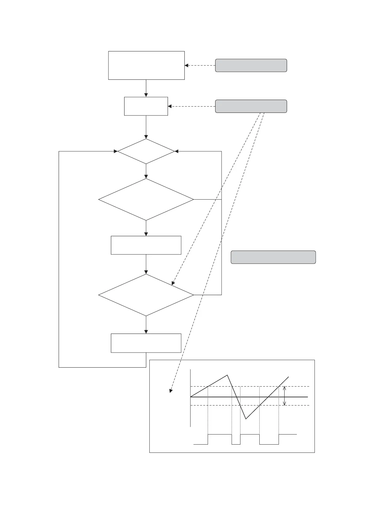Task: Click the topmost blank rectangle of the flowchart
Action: (146, 65)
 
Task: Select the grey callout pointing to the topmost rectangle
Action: (251, 65)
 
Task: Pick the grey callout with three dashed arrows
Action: (251, 106)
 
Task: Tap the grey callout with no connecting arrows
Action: (273, 257)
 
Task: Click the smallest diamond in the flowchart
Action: (146, 151)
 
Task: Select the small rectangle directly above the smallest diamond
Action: (146, 106)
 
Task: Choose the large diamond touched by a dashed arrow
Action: (146, 295)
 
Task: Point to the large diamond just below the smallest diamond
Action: (146, 200)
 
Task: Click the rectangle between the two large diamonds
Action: (146, 245)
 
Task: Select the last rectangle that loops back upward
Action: (146, 343)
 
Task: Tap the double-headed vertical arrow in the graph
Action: (285, 396)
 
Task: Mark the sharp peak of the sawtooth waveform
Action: (227, 375)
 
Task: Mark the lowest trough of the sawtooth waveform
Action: (246, 419)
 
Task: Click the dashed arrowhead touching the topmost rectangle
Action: (187, 65)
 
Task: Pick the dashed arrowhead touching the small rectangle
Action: (170, 106)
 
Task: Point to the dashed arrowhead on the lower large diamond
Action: (173, 283)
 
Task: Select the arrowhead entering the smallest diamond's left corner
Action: (116, 151)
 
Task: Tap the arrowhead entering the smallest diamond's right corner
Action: (176, 151)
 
